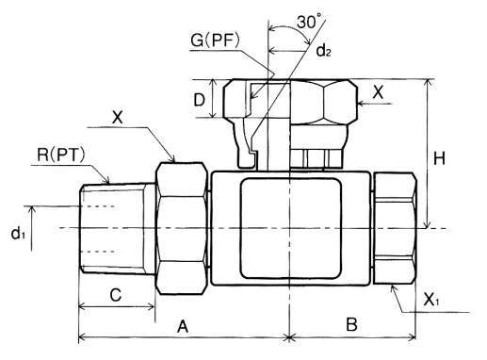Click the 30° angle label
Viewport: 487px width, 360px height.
click(308, 23)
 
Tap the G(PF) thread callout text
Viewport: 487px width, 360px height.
click(216, 41)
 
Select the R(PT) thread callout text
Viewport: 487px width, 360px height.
click(61, 155)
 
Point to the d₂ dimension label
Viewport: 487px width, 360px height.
click(323, 50)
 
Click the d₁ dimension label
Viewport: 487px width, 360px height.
click(18, 234)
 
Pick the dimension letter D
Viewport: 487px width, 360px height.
click(199, 100)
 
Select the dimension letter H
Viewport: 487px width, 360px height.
click(439, 158)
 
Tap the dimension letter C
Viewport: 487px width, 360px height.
click(116, 295)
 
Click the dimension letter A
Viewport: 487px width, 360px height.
click(183, 326)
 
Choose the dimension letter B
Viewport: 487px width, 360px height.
click(351, 324)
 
